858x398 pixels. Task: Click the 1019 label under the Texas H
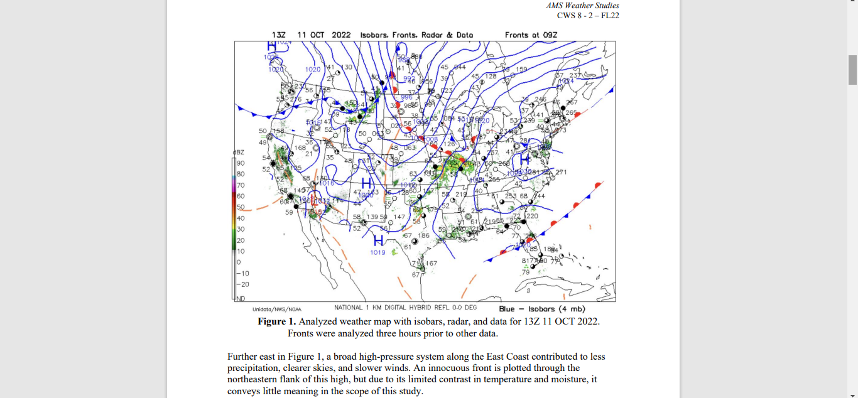(378, 252)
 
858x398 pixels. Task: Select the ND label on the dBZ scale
(240, 299)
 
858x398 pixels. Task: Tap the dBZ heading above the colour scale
(238, 153)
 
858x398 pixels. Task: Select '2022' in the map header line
(340, 35)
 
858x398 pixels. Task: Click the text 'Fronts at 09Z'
(531, 35)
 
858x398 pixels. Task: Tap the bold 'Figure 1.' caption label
(276, 321)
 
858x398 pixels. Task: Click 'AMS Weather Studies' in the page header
(582, 6)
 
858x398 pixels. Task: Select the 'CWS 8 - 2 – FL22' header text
(588, 15)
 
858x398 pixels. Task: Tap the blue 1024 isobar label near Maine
(566, 81)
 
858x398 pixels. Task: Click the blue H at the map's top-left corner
(272, 46)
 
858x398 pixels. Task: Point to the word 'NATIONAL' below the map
(349, 308)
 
